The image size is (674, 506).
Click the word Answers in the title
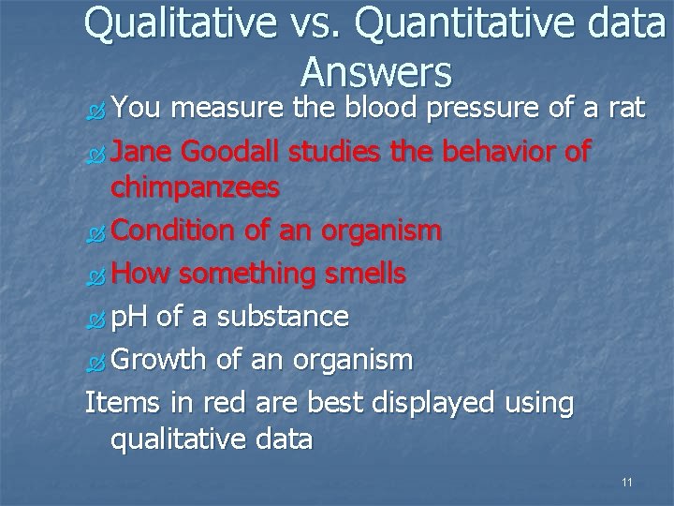(376, 72)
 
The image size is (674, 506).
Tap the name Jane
(142, 151)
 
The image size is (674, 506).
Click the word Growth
(161, 359)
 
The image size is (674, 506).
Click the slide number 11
(626, 483)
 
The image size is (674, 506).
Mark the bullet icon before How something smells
(94, 275)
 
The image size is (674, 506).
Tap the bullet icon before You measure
(94, 111)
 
